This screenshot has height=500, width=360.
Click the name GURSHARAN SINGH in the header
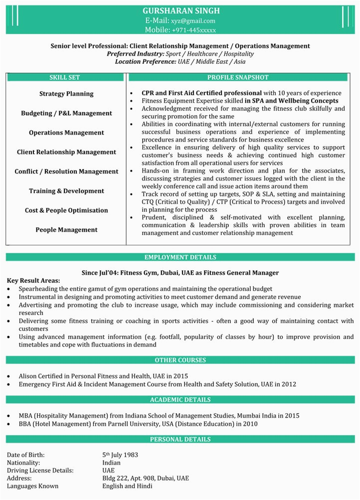click(180, 10)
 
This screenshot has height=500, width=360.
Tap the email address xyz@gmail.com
click(193, 20)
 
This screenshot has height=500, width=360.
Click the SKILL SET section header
click(64, 77)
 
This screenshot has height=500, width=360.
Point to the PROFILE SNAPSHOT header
click(238, 77)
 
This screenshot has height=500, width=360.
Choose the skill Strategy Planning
click(66, 94)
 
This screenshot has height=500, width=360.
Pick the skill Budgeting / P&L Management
click(66, 113)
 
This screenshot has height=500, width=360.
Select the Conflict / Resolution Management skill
click(66, 171)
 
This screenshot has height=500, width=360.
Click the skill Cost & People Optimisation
click(66, 210)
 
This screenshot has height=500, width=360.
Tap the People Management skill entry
click(66, 230)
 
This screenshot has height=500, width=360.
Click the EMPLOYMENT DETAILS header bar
click(180, 257)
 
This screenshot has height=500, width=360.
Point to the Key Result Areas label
click(33, 281)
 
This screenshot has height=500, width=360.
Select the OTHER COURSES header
click(180, 360)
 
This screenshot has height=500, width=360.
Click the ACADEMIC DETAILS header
click(180, 400)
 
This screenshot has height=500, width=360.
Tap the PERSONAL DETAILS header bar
click(180, 439)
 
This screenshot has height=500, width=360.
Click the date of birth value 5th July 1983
click(120, 455)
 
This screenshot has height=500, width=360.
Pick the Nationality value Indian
click(111, 463)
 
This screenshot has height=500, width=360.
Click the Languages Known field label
click(32, 486)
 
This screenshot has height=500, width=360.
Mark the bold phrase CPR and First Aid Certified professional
click(201, 93)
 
